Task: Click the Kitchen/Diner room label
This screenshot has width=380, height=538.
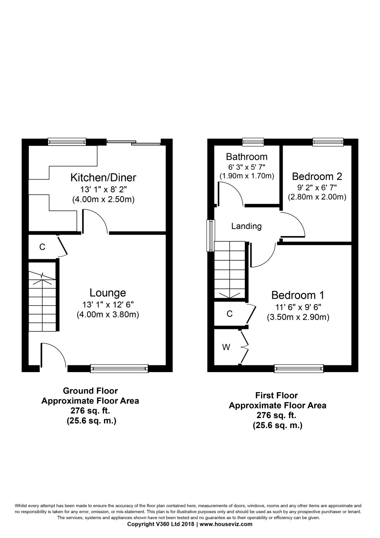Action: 103,178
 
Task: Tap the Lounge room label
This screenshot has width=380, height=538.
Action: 108,293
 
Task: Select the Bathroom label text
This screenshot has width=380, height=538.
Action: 247,157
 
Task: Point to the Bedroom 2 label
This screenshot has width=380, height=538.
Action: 317,176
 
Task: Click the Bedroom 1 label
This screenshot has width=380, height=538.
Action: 298,296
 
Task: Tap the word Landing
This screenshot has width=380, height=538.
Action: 246,226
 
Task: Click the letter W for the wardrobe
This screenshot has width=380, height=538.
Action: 226,347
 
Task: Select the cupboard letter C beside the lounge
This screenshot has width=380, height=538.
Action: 42,247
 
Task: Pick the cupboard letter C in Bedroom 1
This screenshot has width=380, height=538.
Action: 230,314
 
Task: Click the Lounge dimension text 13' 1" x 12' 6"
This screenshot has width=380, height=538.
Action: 108,305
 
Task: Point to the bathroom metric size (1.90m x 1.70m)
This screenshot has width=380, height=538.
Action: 247,176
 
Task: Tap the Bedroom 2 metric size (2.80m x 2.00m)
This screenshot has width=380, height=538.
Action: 317,197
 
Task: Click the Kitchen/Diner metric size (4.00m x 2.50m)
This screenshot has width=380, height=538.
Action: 103,200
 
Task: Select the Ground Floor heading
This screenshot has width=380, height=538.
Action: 90,391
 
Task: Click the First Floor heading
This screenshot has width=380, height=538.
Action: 277,395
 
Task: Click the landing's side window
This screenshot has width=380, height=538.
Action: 211,236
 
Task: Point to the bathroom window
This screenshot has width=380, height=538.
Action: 253,142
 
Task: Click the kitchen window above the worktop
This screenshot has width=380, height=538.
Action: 67,142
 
